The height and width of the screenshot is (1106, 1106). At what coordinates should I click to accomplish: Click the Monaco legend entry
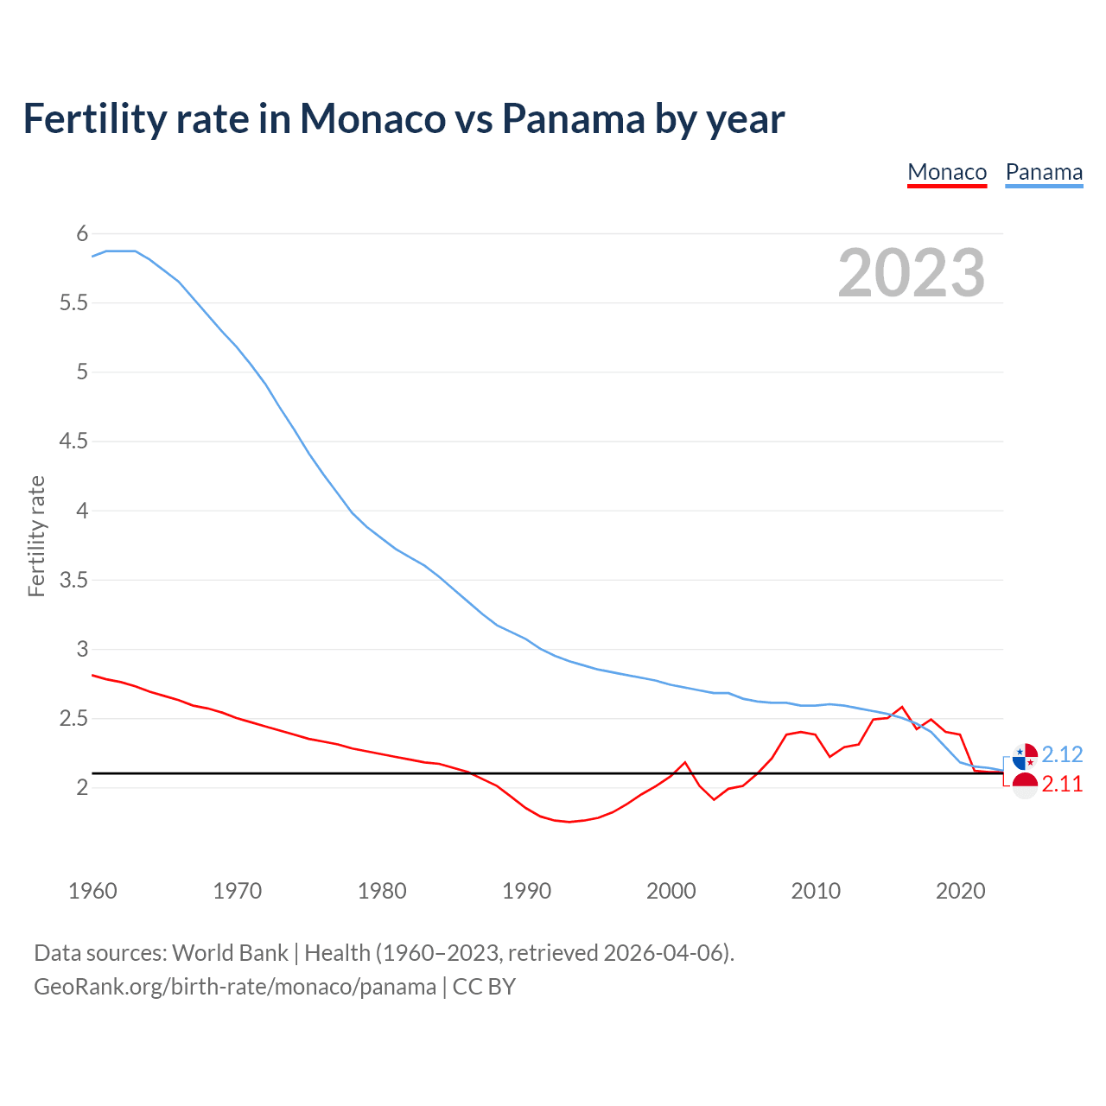tap(947, 172)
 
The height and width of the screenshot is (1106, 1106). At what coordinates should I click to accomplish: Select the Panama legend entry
tap(1044, 172)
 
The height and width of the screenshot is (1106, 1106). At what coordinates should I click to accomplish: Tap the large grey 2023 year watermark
tap(912, 273)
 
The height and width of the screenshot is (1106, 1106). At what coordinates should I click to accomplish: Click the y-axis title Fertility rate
tap(36, 536)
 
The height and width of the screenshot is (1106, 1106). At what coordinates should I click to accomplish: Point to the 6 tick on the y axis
tap(82, 233)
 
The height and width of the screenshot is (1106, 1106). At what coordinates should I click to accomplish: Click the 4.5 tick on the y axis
tap(73, 442)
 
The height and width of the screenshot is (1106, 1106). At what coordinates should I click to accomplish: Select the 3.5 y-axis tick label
tap(73, 580)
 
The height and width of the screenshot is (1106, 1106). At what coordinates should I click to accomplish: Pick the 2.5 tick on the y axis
tap(73, 718)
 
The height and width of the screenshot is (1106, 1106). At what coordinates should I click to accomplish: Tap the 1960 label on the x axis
tap(92, 891)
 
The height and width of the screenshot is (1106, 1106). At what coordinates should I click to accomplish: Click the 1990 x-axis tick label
tap(526, 891)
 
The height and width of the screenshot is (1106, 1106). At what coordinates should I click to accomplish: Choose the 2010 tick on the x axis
tap(816, 891)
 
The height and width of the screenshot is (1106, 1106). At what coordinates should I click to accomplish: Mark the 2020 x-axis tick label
tap(960, 891)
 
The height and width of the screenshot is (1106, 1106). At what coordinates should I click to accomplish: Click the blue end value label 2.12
tap(1062, 754)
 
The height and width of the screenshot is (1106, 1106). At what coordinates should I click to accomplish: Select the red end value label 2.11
tap(1062, 785)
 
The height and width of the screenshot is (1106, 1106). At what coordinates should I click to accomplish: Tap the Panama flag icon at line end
tap(1025, 757)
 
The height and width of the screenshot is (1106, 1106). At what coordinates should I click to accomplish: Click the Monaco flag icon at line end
tap(1025, 785)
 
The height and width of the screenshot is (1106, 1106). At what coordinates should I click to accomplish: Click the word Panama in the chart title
tap(573, 118)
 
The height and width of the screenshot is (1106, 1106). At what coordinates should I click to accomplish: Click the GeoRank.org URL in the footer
tap(235, 987)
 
